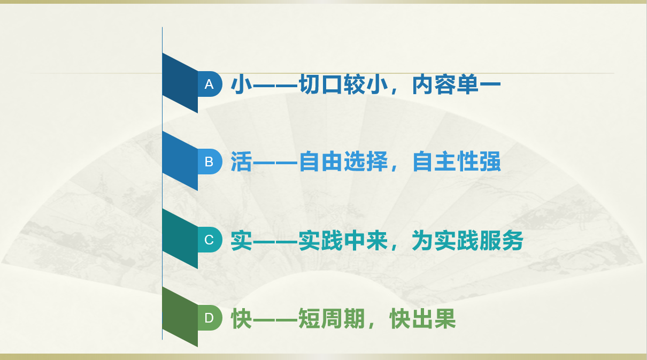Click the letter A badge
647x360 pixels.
(210, 84)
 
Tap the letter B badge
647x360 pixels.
(210, 162)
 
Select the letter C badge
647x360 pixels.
(210, 240)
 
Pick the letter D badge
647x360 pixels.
(210, 318)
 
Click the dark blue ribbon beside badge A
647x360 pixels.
(180, 83)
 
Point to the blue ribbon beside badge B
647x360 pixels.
(180, 161)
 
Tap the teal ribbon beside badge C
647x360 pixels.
(180, 239)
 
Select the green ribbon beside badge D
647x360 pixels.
(180, 317)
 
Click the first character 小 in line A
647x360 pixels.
(242, 85)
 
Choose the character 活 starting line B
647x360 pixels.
(242, 162)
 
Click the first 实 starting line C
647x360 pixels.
(242, 240)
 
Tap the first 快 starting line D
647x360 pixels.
(242, 318)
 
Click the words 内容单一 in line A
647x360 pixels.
(456, 85)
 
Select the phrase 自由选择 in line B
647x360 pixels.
(343, 162)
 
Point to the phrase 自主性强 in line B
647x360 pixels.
(457, 162)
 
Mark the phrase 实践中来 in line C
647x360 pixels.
(343, 240)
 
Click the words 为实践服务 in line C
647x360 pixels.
(468, 240)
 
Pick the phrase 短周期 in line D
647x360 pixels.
(332, 318)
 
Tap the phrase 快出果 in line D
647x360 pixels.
(422, 318)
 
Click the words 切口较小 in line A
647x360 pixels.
(343, 85)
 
